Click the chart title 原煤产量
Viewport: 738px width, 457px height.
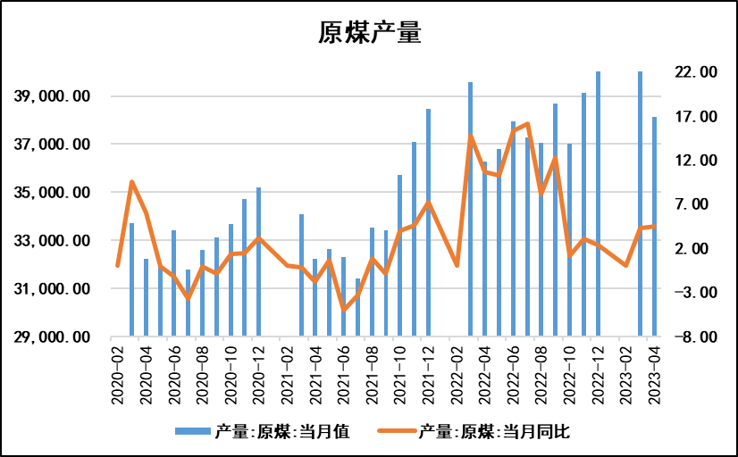[369, 33]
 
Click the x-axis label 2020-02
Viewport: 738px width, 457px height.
[118, 372]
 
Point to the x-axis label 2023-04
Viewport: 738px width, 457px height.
[654, 372]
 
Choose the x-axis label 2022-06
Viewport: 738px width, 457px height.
[513, 372]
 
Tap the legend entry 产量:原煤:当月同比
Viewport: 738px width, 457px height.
[492, 432]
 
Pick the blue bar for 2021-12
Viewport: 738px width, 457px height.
[428, 223]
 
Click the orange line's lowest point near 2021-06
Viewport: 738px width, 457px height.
[343, 310]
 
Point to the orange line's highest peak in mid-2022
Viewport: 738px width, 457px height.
[527, 124]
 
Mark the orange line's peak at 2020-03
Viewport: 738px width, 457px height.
[132, 182]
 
